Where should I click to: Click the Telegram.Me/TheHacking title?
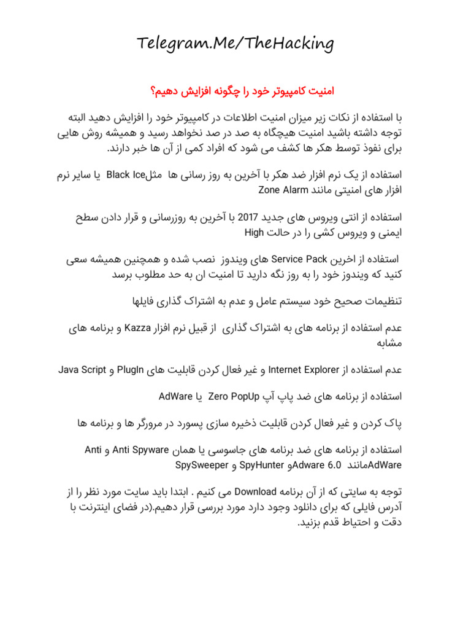point(235,44)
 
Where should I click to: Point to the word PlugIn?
point(144,370)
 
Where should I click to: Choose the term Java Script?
point(83,370)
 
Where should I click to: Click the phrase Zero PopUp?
point(234,396)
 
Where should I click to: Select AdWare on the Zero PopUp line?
point(175,396)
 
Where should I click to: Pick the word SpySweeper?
point(202,464)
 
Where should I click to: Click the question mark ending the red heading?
point(151,91)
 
